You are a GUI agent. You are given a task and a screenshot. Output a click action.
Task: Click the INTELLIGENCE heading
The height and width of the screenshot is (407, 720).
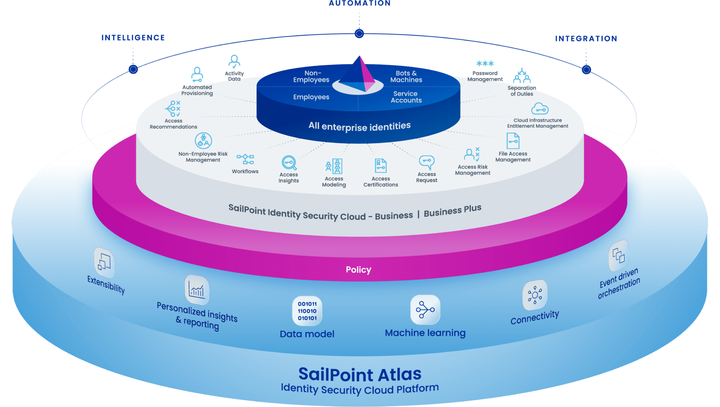tap(133, 38)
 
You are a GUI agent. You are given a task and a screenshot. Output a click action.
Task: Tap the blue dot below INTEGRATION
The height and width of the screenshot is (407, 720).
tap(586, 69)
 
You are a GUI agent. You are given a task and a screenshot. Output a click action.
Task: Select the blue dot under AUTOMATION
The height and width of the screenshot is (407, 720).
tap(359, 33)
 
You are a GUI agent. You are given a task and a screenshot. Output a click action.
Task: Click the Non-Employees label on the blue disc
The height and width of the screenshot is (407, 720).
tap(311, 76)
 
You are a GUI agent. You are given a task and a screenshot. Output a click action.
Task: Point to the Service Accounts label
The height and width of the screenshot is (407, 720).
tap(406, 97)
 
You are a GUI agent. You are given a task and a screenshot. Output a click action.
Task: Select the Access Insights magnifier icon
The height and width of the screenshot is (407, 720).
tap(289, 162)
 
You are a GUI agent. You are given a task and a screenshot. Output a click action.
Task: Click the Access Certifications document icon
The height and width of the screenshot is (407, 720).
tap(381, 166)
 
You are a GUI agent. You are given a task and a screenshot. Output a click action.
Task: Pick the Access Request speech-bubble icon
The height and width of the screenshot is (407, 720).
tap(426, 162)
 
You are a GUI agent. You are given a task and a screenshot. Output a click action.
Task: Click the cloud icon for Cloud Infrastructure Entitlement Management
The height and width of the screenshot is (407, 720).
tap(539, 109)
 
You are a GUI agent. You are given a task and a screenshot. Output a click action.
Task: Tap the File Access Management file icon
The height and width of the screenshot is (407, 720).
tap(513, 141)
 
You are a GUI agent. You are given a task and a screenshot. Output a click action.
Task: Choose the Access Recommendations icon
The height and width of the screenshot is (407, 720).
tap(173, 109)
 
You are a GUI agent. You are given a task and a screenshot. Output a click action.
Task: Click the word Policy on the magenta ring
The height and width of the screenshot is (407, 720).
tap(358, 270)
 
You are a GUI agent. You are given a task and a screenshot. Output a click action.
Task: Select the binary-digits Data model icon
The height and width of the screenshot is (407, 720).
tap(307, 311)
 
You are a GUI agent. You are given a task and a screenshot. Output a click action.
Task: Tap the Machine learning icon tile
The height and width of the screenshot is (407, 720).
tap(425, 310)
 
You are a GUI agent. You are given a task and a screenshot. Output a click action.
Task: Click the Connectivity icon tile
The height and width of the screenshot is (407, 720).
tap(535, 295)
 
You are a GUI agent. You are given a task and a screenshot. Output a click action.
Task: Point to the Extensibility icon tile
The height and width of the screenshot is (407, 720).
tap(104, 262)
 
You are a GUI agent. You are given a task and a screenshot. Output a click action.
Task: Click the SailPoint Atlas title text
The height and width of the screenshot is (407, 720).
tap(360, 375)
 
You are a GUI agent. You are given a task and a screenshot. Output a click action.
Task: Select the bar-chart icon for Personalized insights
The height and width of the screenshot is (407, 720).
tap(197, 290)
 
